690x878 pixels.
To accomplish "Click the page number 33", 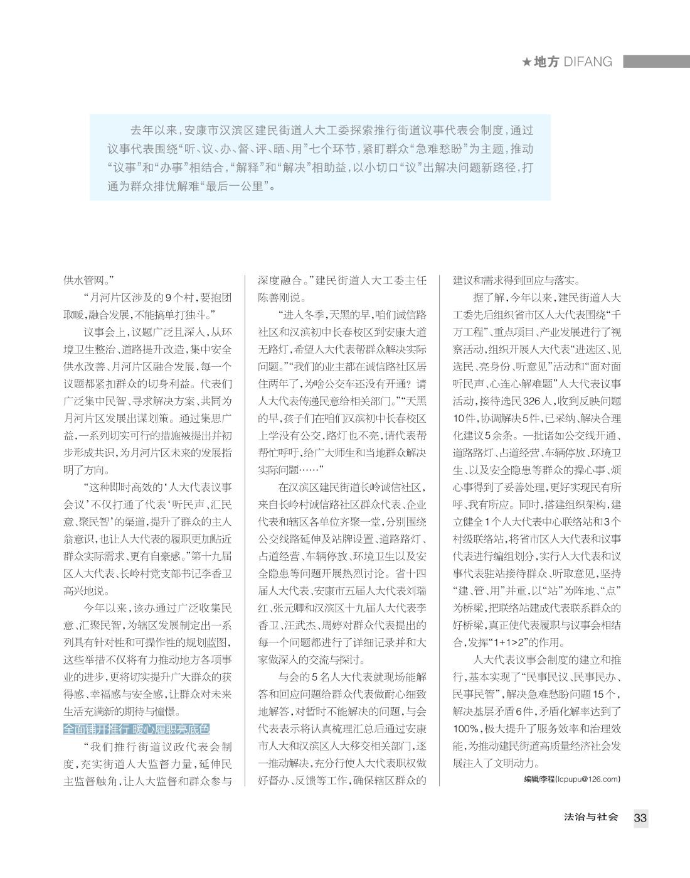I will pyautogui.click(x=640, y=818).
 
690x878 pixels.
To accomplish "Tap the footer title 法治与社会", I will pyautogui.click(x=591, y=817).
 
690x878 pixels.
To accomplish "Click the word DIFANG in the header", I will pyautogui.click(x=588, y=62).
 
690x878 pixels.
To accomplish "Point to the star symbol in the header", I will pyautogui.click(x=527, y=62).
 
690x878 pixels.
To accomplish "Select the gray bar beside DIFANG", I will pyautogui.click(x=655, y=62).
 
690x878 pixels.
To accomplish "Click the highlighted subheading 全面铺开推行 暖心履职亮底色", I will pyautogui.click(x=136, y=729).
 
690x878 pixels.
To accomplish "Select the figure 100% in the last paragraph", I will pyautogui.click(x=466, y=729).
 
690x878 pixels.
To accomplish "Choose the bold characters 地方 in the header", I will pyautogui.click(x=546, y=62).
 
